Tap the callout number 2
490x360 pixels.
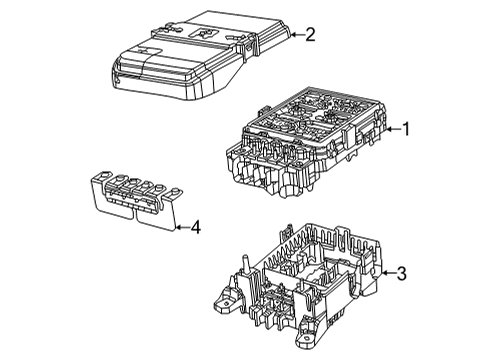pos(310,36)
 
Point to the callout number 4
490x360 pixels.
pos(195,227)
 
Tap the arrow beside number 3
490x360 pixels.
pos(385,272)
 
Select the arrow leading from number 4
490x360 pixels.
pos(180,227)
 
